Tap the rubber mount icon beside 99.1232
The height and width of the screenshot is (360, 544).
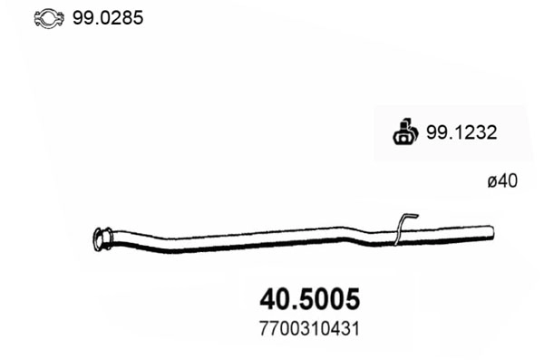coord(404,132)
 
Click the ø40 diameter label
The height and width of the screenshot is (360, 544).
coord(501,182)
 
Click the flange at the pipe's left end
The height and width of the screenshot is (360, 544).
coord(99,239)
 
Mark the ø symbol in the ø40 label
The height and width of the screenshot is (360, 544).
coord(492,182)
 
